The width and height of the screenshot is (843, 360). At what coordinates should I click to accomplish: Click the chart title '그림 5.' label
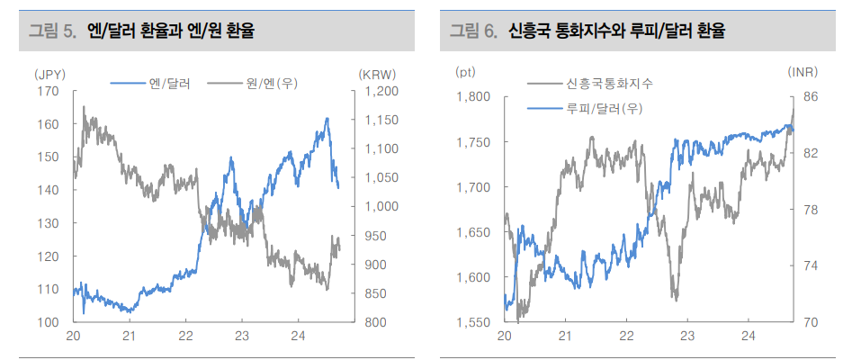click(x=52, y=31)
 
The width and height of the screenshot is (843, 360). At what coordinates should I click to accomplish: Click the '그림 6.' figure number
click(x=474, y=31)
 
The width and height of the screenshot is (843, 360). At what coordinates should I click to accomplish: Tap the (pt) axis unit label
click(x=466, y=71)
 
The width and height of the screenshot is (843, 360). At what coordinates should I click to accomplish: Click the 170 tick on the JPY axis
click(x=48, y=91)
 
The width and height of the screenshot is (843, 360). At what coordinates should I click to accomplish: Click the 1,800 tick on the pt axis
click(x=472, y=97)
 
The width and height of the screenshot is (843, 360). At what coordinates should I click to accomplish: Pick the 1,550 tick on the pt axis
click(x=472, y=321)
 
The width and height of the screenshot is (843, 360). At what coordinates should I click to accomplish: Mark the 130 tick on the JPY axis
click(x=48, y=223)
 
